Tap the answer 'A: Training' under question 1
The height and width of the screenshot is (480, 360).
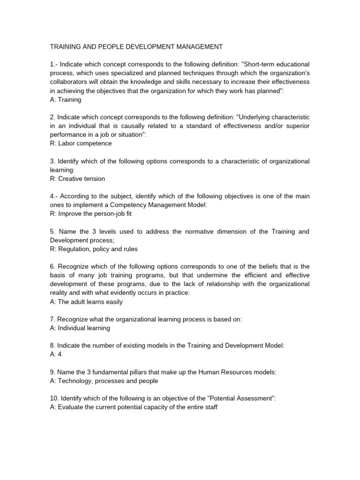(66, 100)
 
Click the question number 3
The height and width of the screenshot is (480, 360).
(52, 161)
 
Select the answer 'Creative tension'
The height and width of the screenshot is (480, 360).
(83, 179)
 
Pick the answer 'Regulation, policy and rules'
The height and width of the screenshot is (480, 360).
(97, 249)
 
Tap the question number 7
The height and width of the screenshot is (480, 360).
(52, 320)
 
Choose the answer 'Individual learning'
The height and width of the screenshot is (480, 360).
(83, 328)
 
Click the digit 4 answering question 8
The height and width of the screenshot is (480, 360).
(60, 354)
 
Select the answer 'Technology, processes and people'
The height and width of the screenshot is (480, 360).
(108, 381)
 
